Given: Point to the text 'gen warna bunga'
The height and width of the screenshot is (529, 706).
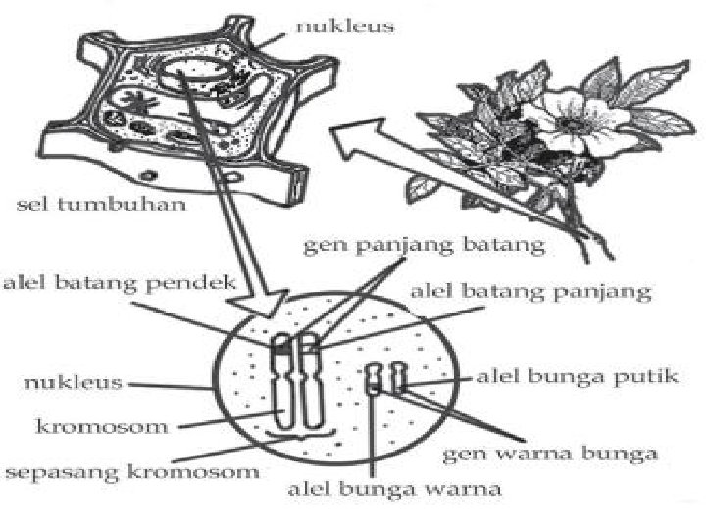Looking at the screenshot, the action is tap(550, 454).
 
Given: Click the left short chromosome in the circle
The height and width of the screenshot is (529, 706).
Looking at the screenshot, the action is tap(374, 379).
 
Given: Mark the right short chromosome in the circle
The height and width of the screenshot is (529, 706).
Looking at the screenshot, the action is tap(397, 377).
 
